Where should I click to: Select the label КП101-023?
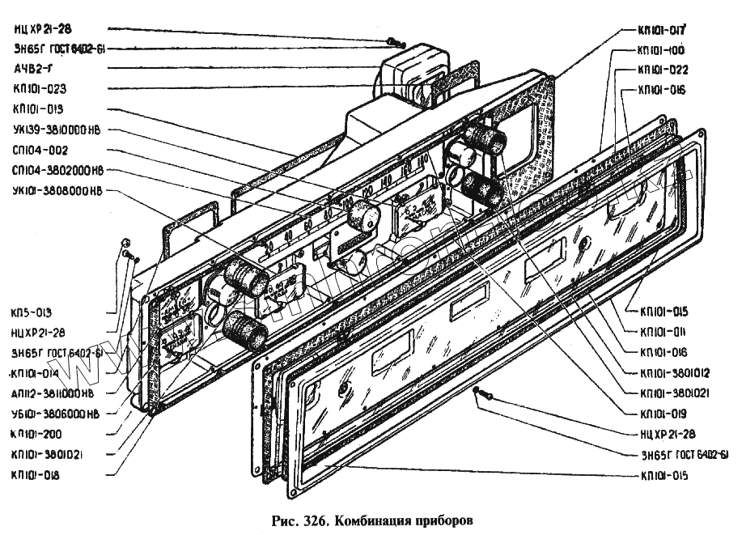click(40, 89)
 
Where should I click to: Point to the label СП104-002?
click(40, 151)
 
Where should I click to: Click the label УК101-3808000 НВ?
click(57, 192)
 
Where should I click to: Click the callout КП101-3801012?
click(675, 373)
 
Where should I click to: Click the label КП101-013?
click(40, 109)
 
